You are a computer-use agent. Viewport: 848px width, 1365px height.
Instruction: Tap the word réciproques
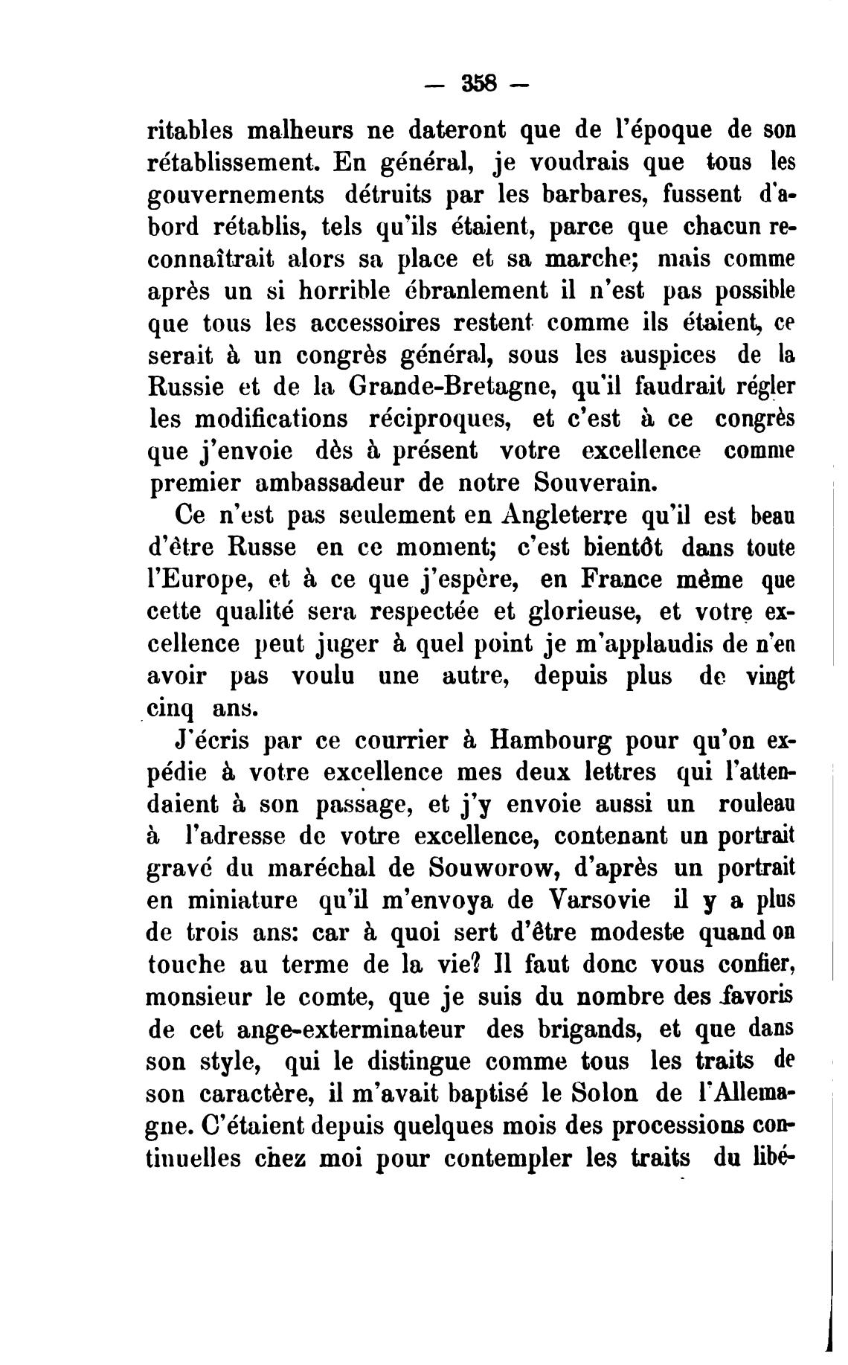click(x=437, y=418)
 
